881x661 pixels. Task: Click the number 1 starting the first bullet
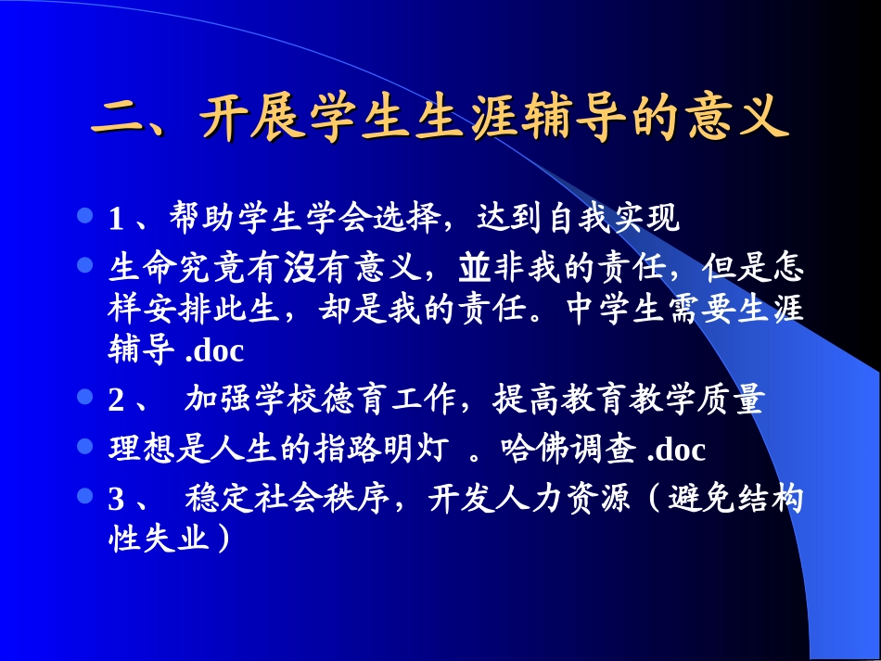(116, 220)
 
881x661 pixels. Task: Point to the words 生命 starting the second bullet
(138, 269)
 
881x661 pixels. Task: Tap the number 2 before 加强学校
(116, 400)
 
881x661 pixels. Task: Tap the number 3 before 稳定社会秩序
(116, 500)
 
